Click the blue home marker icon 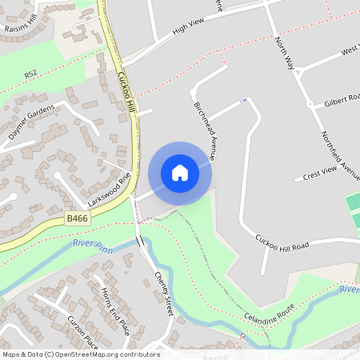coord(180,173)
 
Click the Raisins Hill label coord(21,25)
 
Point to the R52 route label coord(30,74)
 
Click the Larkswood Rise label coord(109,190)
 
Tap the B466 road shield coord(78,218)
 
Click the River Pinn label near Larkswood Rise coord(93,244)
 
